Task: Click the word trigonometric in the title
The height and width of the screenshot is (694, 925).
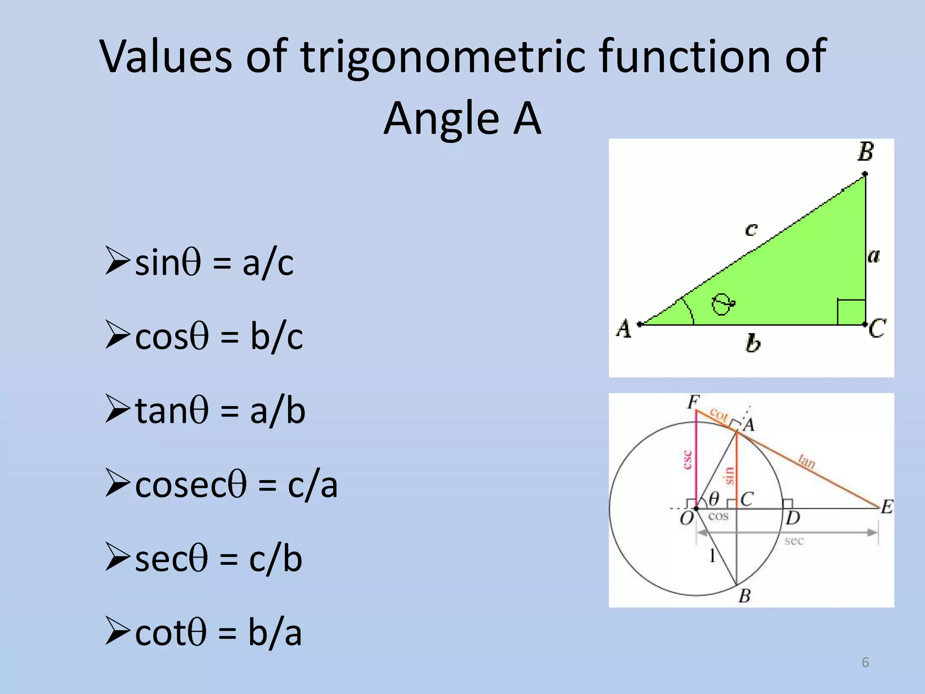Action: pos(443,58)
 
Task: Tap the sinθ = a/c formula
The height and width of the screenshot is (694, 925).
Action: pos(214,263)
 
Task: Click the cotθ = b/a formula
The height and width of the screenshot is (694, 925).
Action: pos(218,633)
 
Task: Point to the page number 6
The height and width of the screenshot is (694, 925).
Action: pos(865,662)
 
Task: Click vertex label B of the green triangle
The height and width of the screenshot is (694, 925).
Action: pos(865,152)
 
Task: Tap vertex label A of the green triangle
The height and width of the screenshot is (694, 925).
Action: pos(624,328)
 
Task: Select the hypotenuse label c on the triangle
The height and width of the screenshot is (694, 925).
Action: pos(751,230)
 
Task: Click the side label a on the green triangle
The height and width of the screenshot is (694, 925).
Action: pos(874,256)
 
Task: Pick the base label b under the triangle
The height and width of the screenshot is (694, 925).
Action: pos(752,343)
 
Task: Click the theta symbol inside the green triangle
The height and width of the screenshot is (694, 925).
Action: pos(722,304)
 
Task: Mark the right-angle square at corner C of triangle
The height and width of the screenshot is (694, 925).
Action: pos(851,312)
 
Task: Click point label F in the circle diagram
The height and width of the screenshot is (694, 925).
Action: pos(693,402)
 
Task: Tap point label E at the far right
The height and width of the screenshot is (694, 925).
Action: pos(887,507)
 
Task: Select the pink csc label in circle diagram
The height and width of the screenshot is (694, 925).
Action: pos(687,460)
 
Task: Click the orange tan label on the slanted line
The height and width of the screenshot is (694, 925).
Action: pos(806,461)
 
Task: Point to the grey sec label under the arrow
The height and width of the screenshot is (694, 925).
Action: pos(794,541)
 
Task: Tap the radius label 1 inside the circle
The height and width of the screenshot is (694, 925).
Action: pos(712,555)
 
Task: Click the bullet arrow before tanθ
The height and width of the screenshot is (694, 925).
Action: pos(117,408)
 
